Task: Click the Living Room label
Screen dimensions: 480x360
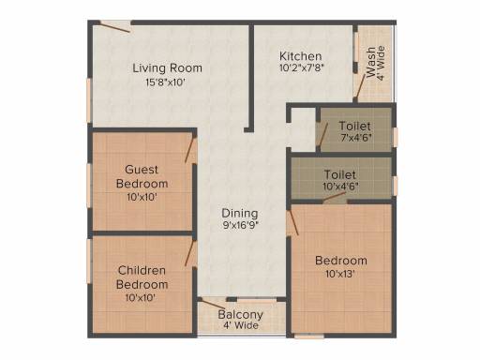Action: point(167,68)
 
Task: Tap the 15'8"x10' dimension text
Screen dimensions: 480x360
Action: point(166,82)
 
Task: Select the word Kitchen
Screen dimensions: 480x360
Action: point(300,56)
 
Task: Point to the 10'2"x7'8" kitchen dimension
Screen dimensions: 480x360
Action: point(300,67)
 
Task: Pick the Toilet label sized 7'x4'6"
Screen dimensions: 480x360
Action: point(354,126)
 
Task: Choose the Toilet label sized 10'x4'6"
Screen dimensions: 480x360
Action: point(340,174)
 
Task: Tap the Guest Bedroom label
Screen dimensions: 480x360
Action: point(142,176)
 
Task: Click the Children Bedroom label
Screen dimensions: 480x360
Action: point(142,277)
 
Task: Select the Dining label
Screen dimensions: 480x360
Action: point(240,213)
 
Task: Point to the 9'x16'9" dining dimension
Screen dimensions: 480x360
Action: point(240,225)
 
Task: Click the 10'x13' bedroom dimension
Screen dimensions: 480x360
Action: point(340,274)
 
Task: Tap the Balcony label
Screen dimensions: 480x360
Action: point(240,314)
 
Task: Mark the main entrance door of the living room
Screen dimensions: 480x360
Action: point(114,26)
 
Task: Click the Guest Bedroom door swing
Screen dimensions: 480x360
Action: point(190,150)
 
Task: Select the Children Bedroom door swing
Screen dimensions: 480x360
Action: point(190,253)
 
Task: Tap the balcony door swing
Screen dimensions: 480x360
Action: point(212,304)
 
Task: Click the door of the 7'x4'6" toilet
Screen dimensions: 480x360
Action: point(322,134)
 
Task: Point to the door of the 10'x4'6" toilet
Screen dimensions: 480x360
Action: point(335,197)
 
